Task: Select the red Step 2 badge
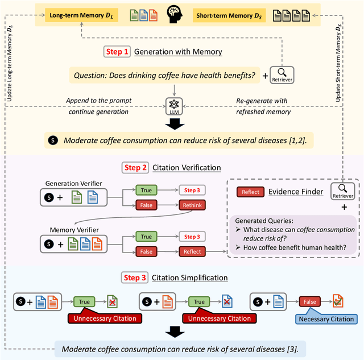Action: [135, 168]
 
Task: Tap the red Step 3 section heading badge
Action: [135, 278]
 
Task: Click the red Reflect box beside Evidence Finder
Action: [250, 192]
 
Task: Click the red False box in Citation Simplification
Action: [309, 303]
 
